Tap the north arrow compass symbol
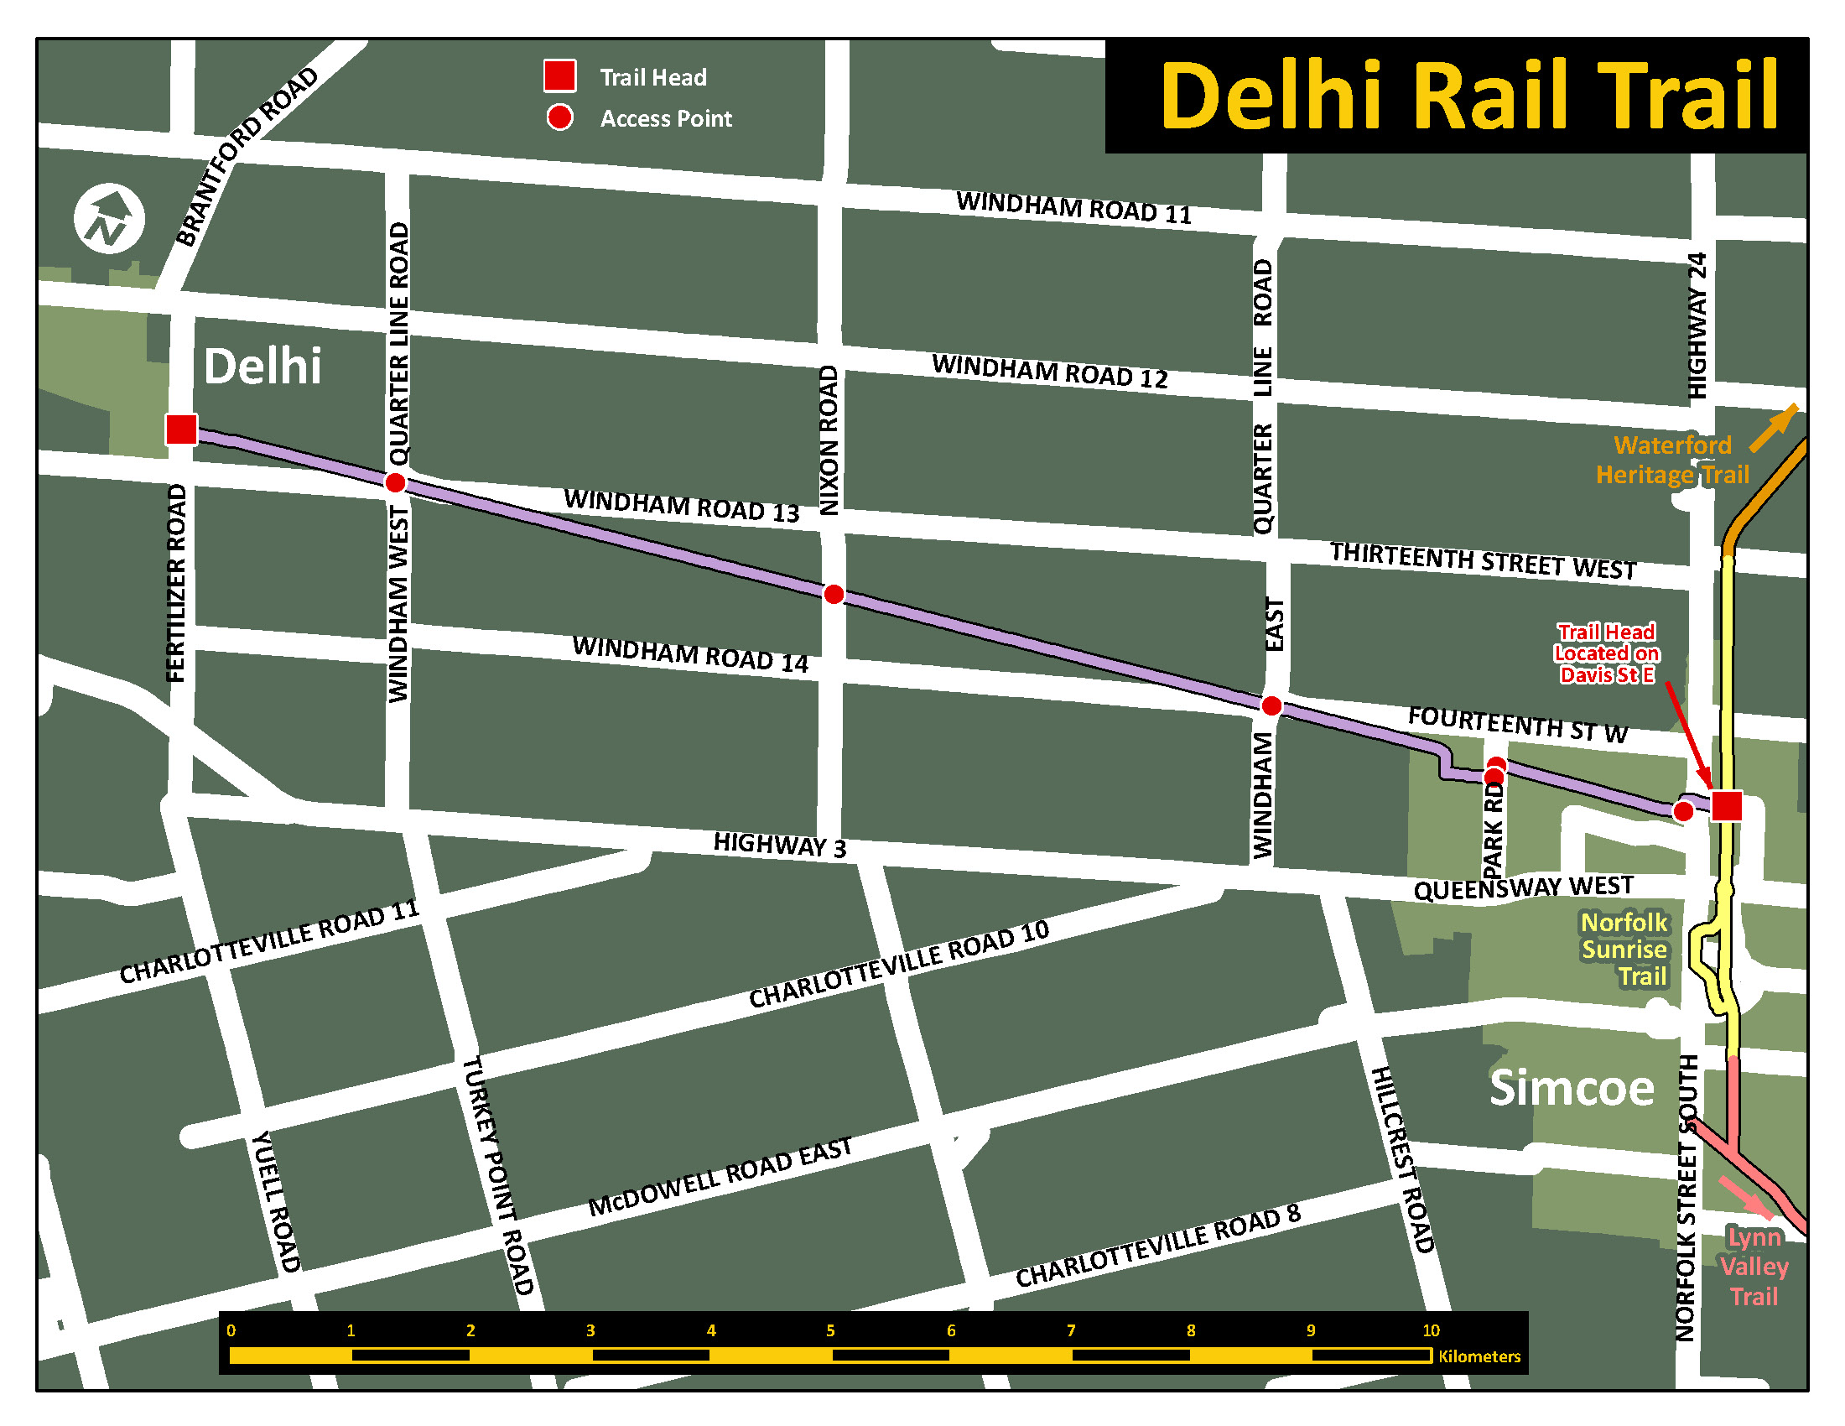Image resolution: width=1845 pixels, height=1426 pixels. tap(109, 219)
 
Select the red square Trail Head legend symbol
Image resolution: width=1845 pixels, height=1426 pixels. tap(559, 75)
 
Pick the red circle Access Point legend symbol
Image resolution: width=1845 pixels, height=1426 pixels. tap(559, 117)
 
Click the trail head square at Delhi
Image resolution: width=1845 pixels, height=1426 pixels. tap(182, 429)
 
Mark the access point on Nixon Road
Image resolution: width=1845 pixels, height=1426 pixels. tap(833, 594)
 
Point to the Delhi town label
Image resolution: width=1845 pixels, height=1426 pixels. tap(262, 367)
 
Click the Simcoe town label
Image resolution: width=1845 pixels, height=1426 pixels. tap(1572, 1087)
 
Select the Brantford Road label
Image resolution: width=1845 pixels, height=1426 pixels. tap(247, 156)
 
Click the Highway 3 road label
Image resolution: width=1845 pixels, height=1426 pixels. tap(779, 844)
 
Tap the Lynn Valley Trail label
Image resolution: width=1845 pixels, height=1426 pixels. tap(1754, 1267)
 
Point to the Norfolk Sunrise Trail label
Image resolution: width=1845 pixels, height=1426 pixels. tap(1624, 949)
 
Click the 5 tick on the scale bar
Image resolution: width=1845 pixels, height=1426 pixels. tap(830, 1330)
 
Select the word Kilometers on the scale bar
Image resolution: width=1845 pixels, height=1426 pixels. tap(1479, 1356)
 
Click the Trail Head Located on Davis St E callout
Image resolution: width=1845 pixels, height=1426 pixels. tap(1606, 653)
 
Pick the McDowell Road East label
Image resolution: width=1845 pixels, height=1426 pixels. tap(720, 1178)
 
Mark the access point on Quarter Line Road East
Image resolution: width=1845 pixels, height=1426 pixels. tap(1271, 705)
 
